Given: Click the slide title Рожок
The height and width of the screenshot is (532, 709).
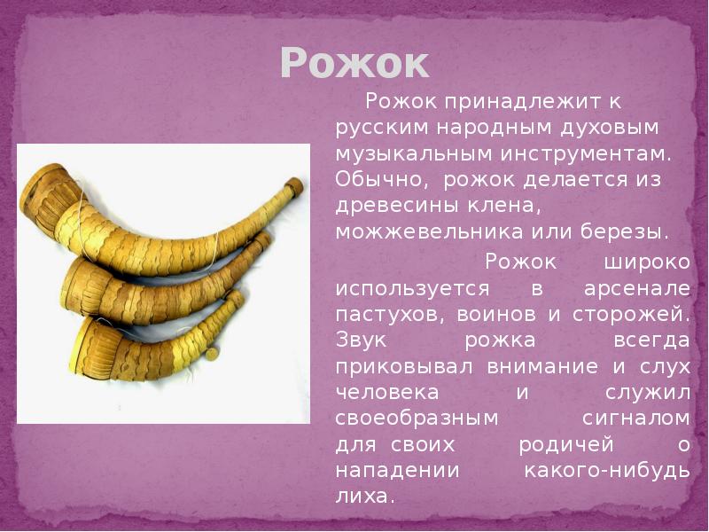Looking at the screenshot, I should click(354, 63).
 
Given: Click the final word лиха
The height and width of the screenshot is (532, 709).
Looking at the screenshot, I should click(363, 495).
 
